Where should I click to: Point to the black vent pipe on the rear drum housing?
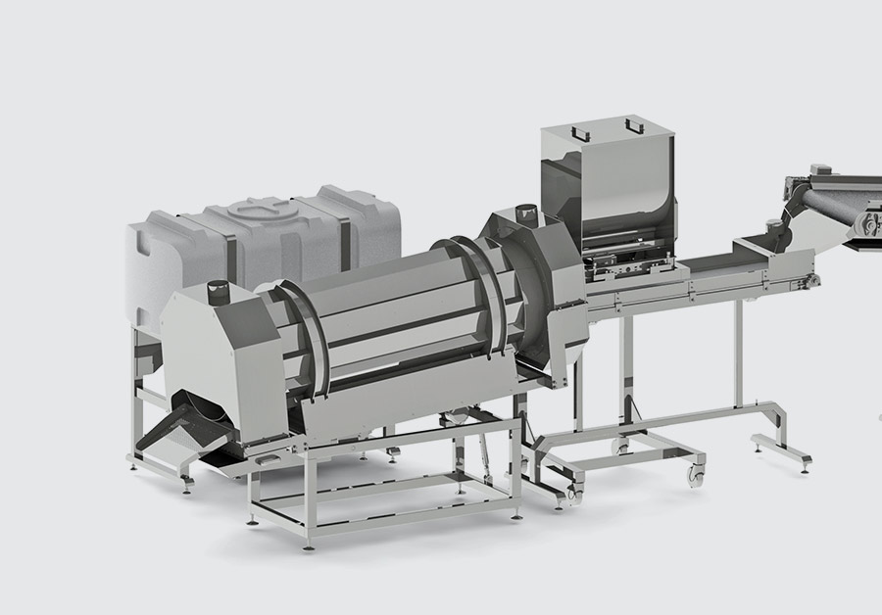[x=523, y=211]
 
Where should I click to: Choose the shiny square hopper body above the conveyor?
[x=608, y=186]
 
